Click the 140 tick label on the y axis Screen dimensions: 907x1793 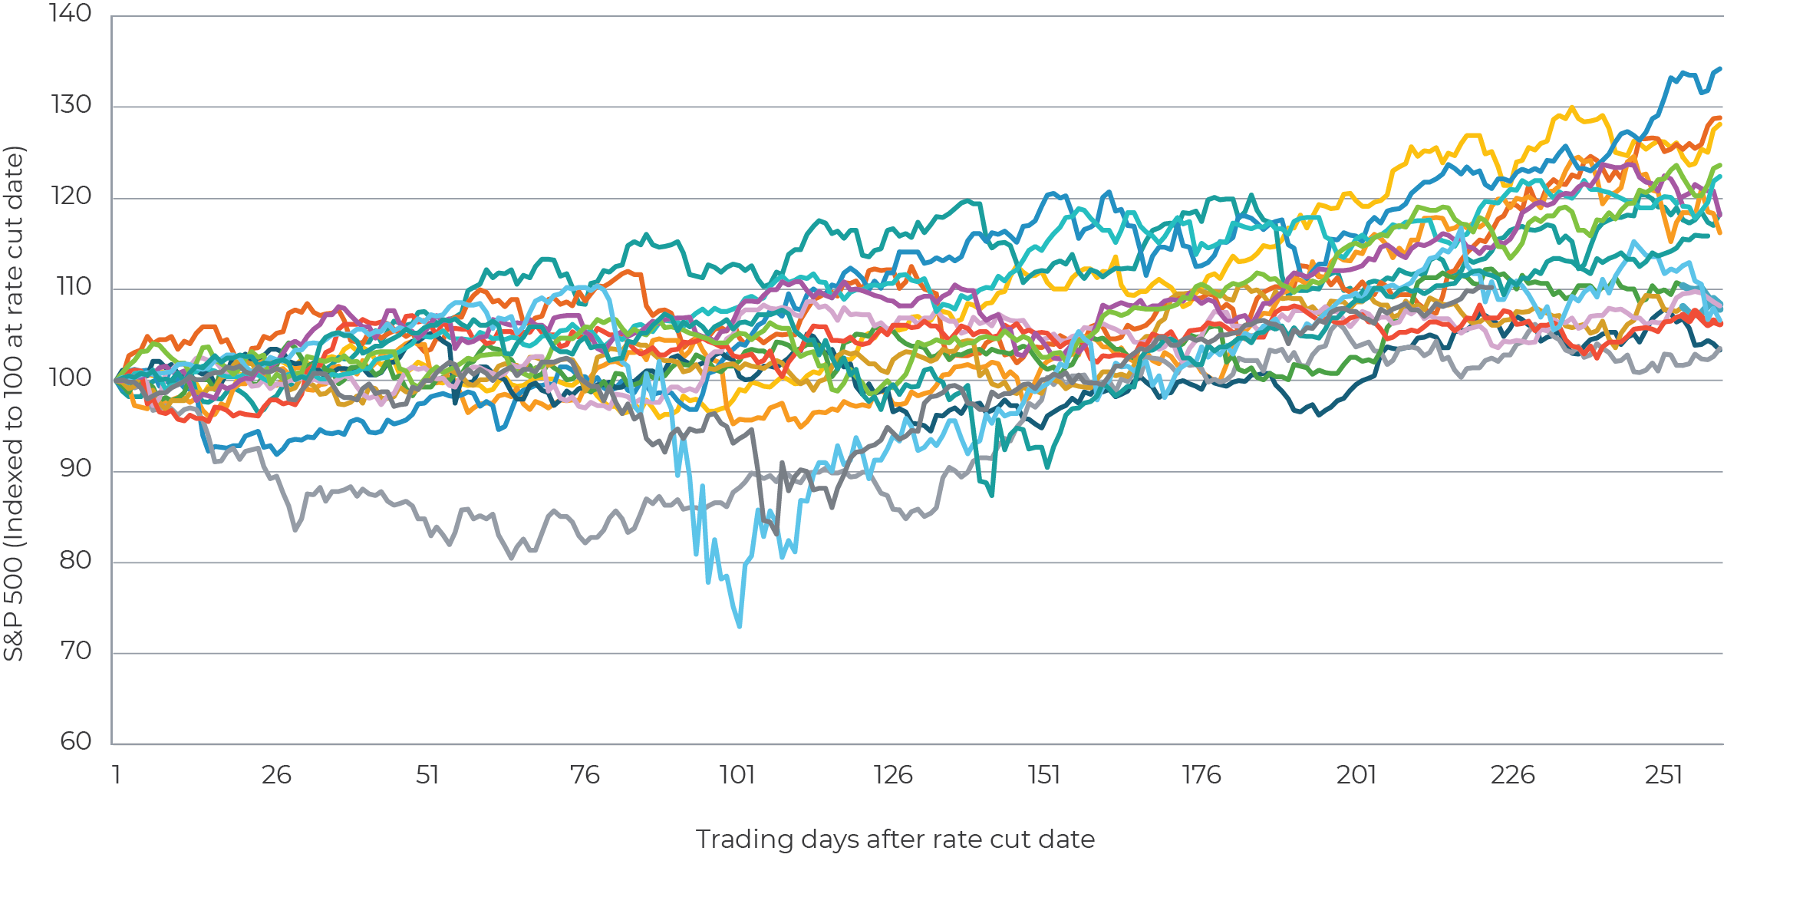(70, 14)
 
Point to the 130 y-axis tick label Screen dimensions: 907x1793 (71, 105)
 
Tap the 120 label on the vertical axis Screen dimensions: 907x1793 (71, 196)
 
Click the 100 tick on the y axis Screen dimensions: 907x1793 (70, 378)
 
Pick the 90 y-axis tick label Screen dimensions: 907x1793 (75, 469)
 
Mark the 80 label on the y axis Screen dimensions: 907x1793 (75, 560)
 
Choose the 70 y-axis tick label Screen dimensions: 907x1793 (75, 651)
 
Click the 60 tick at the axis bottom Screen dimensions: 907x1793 (75, 741)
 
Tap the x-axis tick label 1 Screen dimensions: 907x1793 (117, 775)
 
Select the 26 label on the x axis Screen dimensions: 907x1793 (275, 775)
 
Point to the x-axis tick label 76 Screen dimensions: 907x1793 (584, 775)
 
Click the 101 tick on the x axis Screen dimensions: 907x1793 (737, 775)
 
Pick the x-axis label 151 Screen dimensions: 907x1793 (1044, 775)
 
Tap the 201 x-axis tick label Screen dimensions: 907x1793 (1356, 775)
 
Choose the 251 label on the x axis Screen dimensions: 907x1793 (1663, 775)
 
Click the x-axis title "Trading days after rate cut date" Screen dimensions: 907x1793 (895, 839)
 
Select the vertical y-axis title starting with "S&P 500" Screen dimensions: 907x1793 (14, 404)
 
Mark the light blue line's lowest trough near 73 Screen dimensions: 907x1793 (739, 626)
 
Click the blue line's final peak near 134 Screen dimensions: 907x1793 (1720, 68)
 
